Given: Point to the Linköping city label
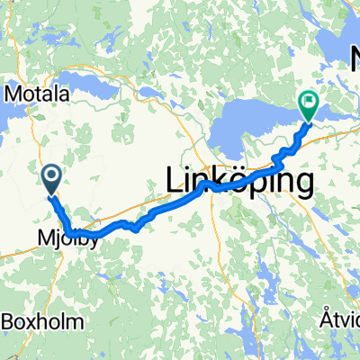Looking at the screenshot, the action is (x=241, y=181).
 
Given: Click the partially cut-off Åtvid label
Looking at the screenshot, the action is (x=339, y=319).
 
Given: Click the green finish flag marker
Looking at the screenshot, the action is (x=309, y=106).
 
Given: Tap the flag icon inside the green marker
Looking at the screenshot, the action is (x=309, y=103).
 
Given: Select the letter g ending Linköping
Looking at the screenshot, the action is (x=304, y=184).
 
